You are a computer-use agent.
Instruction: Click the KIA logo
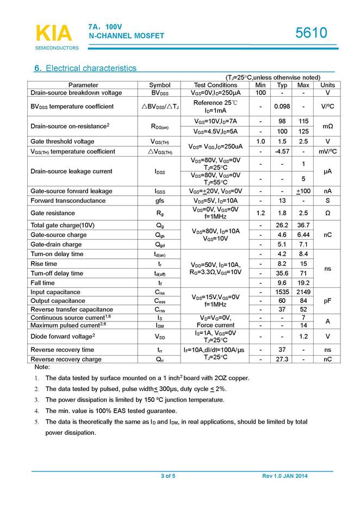tap(53, 34)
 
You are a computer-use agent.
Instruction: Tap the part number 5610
tap(312, 33)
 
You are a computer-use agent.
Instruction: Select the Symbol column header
tap(159, 85)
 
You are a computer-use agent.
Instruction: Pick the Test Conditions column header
tap(215, 85)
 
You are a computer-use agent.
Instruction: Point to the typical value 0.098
tap(282, 106)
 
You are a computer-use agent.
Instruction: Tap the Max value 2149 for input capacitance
tap(303, 292)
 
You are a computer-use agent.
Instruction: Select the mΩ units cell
tap(327, 126)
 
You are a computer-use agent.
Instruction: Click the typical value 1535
tap(282, 292)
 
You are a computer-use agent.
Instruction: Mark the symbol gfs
tap(159, 201)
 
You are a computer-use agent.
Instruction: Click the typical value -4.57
tap(282, 151)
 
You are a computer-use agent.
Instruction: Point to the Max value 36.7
tap(303, 225)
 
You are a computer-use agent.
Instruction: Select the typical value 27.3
tap(282, 359)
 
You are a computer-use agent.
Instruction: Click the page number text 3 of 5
tap(168, 476)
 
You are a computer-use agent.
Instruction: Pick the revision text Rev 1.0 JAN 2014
tap(285, 476)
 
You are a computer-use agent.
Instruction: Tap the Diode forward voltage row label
tap(63, 336)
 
